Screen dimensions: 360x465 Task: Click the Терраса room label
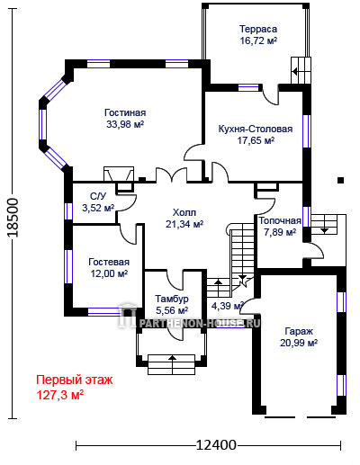pos(258,29)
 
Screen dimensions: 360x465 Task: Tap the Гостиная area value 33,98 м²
pos(125,124)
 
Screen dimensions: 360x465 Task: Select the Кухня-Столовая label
pos(256,129)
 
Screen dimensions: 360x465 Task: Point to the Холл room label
pos(184,212)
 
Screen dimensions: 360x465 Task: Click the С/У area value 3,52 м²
pos(98,208)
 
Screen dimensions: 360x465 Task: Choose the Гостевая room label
pos(109,262)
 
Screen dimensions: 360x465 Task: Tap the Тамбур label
pos(172,299)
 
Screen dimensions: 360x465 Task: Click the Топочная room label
pos(280,221)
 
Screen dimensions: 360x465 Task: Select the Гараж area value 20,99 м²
pos(299,343)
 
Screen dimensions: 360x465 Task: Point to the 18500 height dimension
pos(13,218)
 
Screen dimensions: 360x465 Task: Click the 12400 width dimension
pos(216,445)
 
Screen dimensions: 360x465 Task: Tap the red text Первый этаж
pos(75,380)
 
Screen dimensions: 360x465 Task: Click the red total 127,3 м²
pos(59,395)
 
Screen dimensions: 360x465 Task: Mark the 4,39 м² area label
pos(227,306)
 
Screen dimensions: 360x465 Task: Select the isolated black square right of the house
pos(340,180)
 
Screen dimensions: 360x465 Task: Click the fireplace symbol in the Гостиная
pos(119,174)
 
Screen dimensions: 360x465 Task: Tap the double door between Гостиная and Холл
pos(171,175)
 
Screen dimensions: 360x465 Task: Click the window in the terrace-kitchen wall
pos(248,87)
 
